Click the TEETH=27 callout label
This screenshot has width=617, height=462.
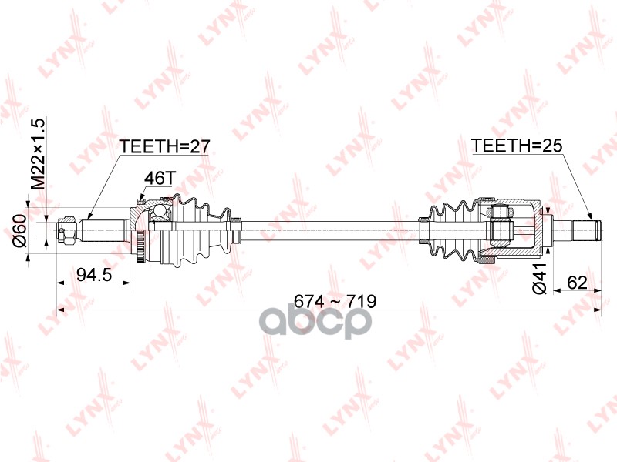[164, 146]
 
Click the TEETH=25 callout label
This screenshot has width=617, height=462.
[514, 146]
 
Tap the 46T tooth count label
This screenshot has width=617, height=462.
[157, 178]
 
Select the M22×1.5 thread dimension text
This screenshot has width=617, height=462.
[37, 155]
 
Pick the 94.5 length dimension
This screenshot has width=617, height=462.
[92, 274]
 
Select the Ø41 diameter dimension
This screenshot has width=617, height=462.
[540, 279]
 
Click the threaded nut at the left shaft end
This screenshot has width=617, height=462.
[68, 229]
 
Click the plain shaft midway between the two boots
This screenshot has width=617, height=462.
[332, 224]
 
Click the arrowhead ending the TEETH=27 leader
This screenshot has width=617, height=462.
[89, 218]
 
